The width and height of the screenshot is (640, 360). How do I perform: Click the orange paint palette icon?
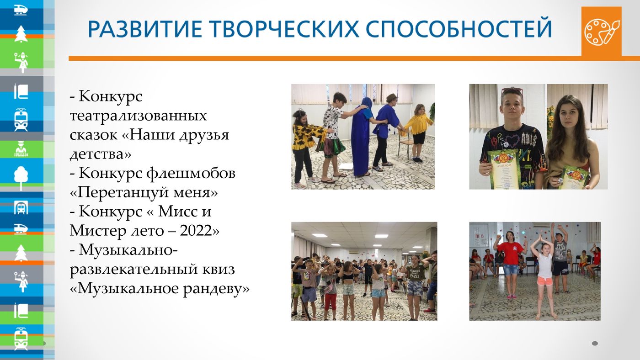pos(602,32)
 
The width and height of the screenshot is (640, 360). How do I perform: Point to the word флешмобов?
pos(191,173)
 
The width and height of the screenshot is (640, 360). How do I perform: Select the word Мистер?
pos(98,231)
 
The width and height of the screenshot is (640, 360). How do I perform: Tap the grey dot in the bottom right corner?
pos(595,343)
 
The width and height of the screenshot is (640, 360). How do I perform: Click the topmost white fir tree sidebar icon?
pos(21,34)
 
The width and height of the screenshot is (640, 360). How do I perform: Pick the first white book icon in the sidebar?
pos(21,91)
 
